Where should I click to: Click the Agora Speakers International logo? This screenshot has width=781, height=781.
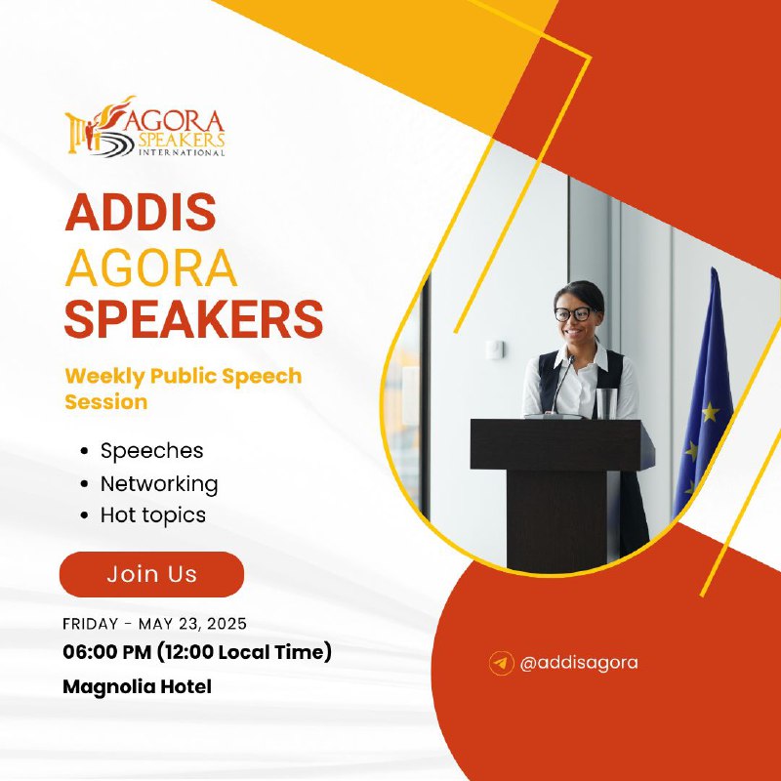[x=144, y=126]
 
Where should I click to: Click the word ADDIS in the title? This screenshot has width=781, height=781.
[x=141, y=212]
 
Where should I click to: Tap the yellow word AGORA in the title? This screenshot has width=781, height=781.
[x=151, y=267]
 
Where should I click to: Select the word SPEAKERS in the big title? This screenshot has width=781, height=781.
[x=193, y=319]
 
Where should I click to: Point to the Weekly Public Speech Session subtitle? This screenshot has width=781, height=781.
[x=184, y=389]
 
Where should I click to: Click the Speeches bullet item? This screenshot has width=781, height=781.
[x=151, y=451]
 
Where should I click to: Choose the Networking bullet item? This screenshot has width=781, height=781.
[x=159, y=483]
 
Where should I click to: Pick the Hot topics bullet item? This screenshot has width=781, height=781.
[x=153, y=515]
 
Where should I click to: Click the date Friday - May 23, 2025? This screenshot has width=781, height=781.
[x=154, y=624]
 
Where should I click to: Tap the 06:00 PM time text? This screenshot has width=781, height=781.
[x=106, y=652]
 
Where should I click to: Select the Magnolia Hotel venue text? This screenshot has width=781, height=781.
[x=137, y=686]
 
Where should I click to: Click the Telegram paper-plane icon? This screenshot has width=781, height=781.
[x=501, y=663]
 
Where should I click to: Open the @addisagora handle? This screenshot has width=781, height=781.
[x=578, y=663]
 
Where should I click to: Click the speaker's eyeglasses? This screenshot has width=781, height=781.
[x=573, y=314]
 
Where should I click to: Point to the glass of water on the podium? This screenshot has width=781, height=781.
[x=606, y=403]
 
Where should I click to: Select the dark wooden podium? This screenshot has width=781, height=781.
[x=562, y=493]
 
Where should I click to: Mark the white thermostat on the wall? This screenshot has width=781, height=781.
[x=495, y=349]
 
